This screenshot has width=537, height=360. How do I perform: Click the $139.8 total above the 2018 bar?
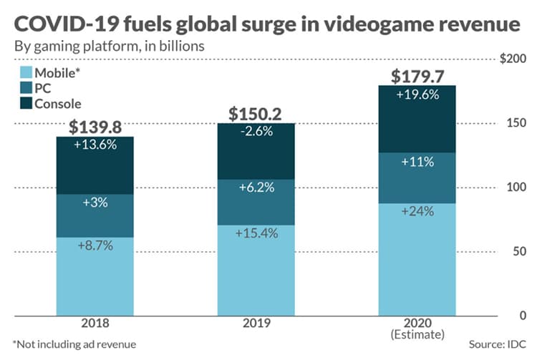[x=95, y=127]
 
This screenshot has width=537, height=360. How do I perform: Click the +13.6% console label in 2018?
[x=95, y=143]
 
